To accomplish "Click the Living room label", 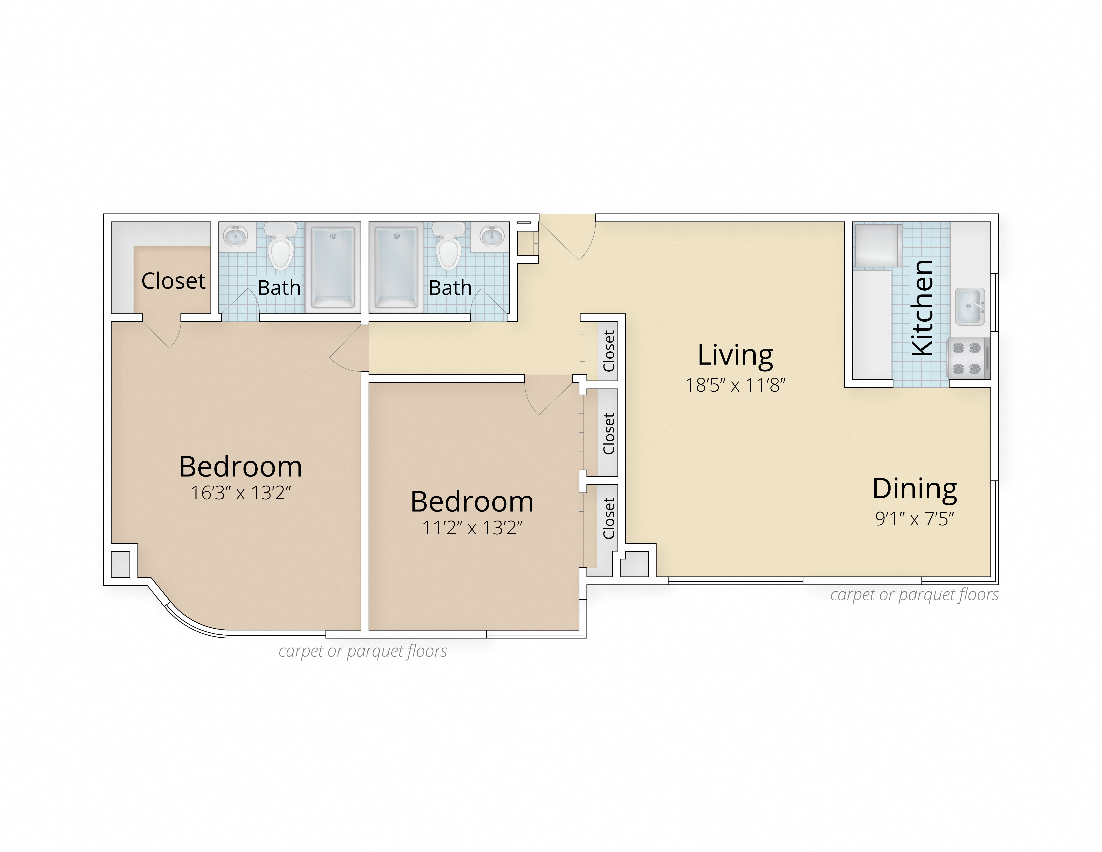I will coord(735,356).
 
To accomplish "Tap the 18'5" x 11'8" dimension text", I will coord(735,386).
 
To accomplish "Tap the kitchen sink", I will coord(969,306).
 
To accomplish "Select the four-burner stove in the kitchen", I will coord(968,358).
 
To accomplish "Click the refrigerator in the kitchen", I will coord(877,246).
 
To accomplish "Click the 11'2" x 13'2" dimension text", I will coord(472,528).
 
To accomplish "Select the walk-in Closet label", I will coord(173,281).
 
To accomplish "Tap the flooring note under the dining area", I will coord(914,595).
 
